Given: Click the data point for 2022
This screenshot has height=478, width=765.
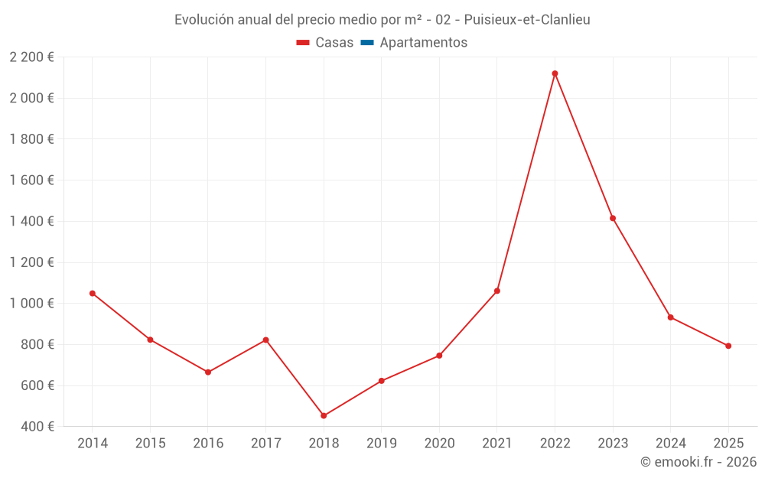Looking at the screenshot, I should (555, 73).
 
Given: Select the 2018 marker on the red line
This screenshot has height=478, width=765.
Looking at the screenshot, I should (324, 415).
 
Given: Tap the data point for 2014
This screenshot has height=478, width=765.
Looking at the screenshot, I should (93, 293).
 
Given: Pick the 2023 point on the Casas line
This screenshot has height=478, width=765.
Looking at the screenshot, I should (613, 218).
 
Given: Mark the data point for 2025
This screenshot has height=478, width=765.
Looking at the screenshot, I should (728, 346).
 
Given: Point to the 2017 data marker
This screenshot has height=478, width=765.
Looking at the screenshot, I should (265, 340).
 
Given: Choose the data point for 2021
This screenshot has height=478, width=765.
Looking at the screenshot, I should (497, 291).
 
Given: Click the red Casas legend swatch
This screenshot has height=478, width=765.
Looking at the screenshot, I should (303, 43).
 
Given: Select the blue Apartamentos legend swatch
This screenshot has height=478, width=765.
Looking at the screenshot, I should (367, 43).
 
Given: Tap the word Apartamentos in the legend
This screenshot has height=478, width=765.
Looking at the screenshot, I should (423, 43).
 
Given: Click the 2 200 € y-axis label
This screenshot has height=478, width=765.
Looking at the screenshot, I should (31, 57).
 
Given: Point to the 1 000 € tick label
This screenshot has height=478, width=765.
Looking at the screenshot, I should (31, 304).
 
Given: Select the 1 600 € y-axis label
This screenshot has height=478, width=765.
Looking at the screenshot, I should (31, 180).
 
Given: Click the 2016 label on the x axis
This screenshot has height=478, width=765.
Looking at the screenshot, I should (208, 444).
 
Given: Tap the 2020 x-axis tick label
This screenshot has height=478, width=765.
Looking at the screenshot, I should (439, 444).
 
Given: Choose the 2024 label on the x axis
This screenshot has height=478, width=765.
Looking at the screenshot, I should (670, 444).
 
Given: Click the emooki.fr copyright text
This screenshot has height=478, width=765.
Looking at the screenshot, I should (698, 462).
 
